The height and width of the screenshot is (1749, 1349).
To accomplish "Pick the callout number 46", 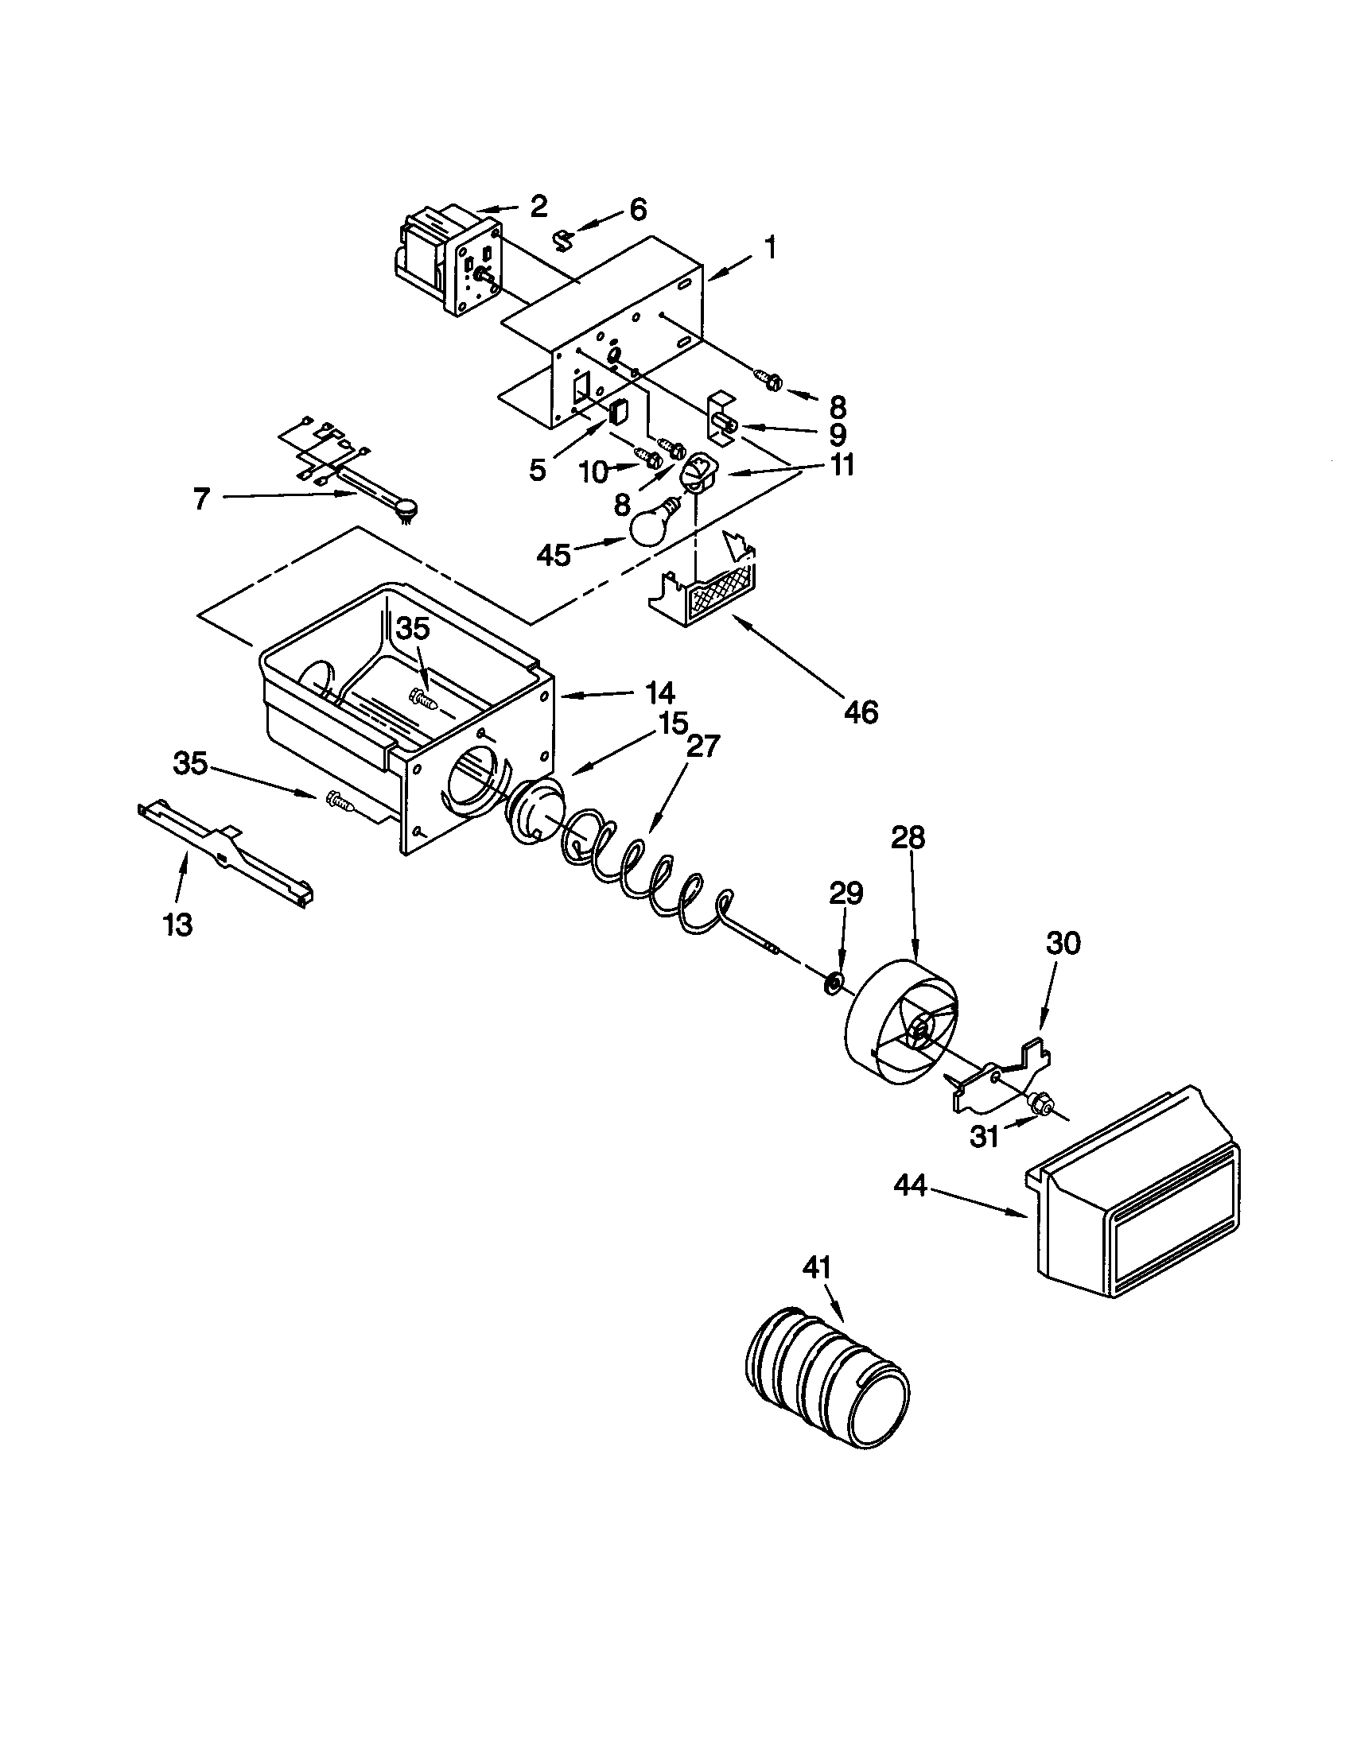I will pyautogui.click(x=861, y=712).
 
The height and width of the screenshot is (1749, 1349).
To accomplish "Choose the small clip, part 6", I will pyautogui.click(x=566, y=238).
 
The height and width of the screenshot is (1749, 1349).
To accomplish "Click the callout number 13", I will pyautogui.click(x=178, y=925).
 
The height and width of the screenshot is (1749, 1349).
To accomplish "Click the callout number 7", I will pyautogui.click(x=201, y=498).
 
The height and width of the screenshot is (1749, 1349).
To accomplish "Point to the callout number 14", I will pyautogui.click(x=656, y=692).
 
